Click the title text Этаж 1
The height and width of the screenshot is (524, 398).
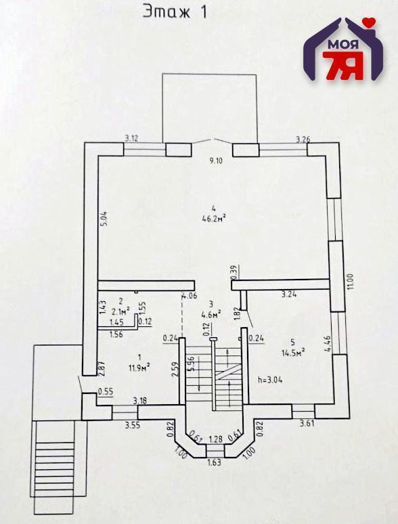(175, 12)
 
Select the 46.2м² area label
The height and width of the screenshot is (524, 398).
(214, 218)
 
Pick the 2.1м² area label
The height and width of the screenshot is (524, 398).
(121, 312)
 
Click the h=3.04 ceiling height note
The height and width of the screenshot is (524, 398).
(270, 380)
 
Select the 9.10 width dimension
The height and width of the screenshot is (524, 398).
(216, 160)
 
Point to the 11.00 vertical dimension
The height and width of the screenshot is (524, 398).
(350, 282)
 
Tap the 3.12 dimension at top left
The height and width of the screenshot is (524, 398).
(131, 138)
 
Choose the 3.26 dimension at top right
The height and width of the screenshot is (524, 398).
(303, 139)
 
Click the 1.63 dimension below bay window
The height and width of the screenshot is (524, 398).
(214, 462)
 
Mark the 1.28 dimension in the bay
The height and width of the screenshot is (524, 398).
(215, 439)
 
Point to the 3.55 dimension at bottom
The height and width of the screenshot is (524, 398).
(132, 425)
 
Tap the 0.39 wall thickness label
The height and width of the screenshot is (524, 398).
(234, 272)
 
